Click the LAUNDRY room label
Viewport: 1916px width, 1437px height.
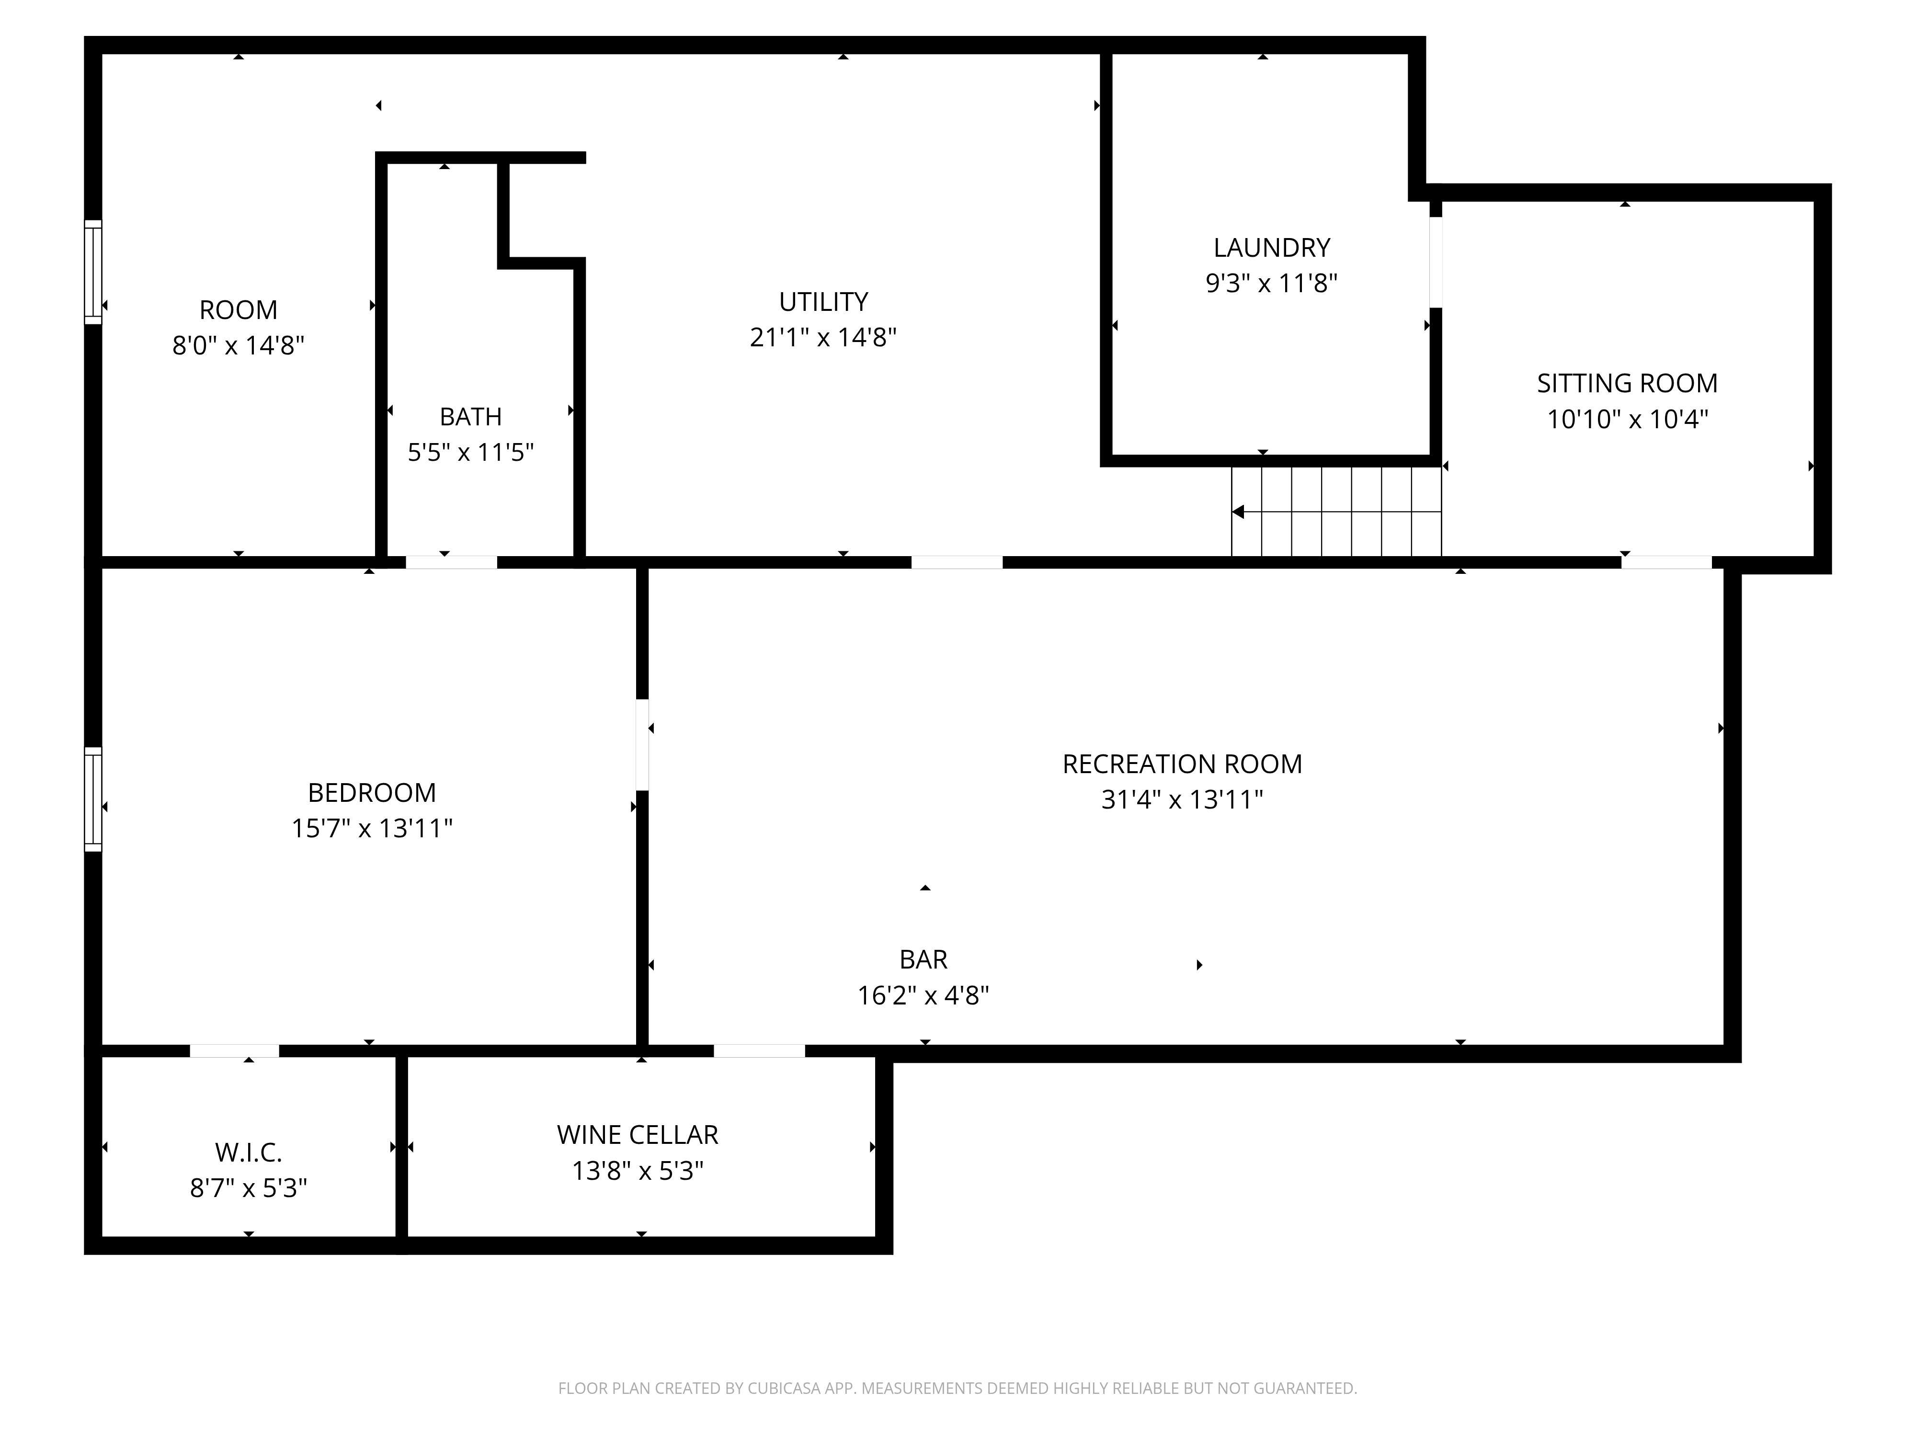tap(1271, 248)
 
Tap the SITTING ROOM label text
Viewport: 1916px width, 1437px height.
tap(1627, 383)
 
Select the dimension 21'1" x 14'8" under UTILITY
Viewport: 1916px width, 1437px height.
tap(823, 337)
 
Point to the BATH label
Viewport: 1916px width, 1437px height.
tap(470, 417)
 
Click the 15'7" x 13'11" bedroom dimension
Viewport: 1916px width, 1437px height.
tap(372, 828)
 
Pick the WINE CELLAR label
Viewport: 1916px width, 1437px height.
tap(638, 1135)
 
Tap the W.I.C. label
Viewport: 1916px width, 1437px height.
tap(249, 1152)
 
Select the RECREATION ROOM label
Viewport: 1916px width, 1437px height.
tap(1182, 764)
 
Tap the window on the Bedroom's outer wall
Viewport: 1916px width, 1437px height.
tap(92, 799)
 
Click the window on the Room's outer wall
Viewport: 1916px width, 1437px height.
tap(92, 272)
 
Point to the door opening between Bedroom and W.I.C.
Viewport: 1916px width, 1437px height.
tap(235, 1050)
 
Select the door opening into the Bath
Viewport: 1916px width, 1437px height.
tap(451, 562)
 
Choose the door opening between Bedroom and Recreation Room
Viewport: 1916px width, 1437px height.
tap(642, 745)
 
